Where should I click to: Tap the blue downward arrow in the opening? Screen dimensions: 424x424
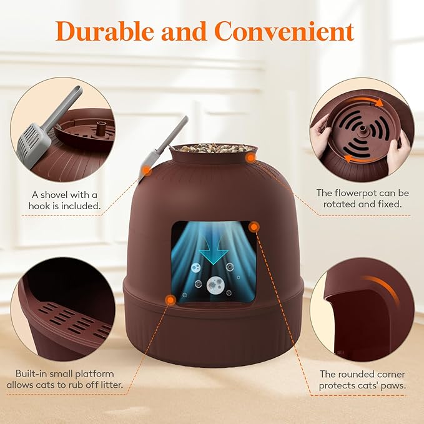click(213, 253)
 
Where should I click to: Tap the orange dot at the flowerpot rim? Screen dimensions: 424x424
click(250, 159)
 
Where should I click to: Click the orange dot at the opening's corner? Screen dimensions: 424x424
click(254, 227)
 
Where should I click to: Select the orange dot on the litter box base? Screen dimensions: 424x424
click(170, 300)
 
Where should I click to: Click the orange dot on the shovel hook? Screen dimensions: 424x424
click(145, 169)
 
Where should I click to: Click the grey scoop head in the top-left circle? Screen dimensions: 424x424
click(31, 141)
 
